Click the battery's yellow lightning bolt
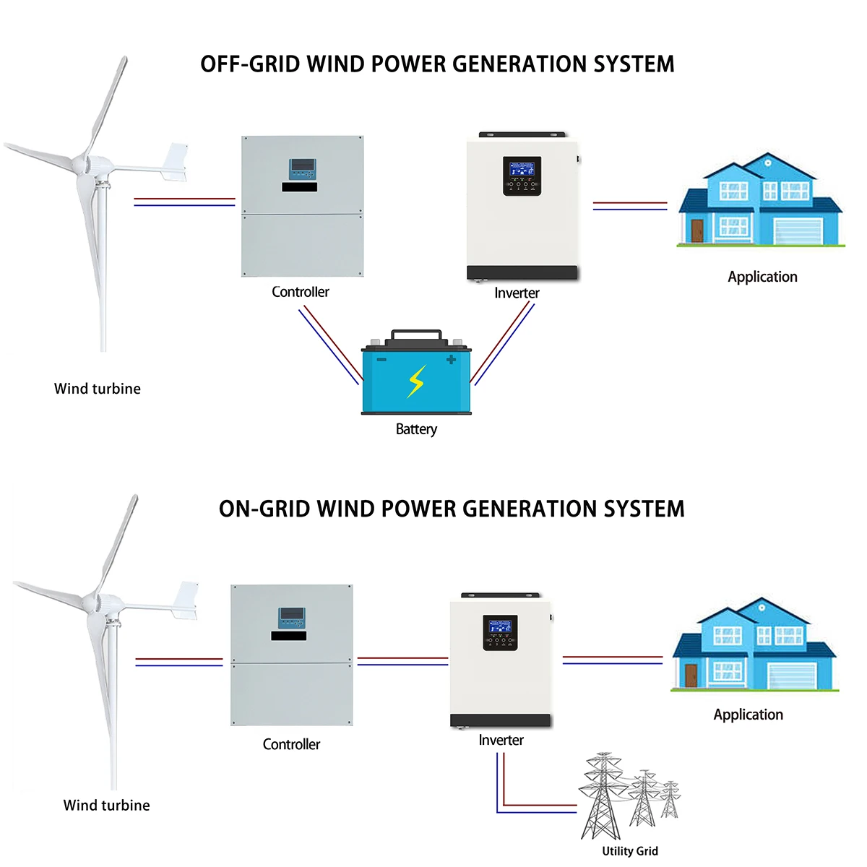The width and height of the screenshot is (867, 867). tap(416, 381)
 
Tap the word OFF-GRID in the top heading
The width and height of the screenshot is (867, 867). tap(250, 64)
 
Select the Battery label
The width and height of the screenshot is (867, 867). tap(416, 429)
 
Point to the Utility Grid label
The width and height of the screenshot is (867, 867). tap(630, 851)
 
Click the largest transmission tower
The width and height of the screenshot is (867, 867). tap(601, 795)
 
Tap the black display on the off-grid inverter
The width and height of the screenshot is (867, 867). tap(522, 176)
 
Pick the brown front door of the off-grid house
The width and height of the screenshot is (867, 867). tap(696, 230)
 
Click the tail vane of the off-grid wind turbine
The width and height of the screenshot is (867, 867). tap(176, 162)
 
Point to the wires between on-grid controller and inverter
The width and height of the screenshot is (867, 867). tap(402, 661)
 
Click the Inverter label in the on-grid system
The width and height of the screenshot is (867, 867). tap(501, 740)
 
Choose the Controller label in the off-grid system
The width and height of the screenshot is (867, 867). tap(300, 292)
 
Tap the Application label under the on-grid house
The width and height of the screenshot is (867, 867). tap(748, 715)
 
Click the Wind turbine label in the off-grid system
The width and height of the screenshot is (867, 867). tap(98, 389)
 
